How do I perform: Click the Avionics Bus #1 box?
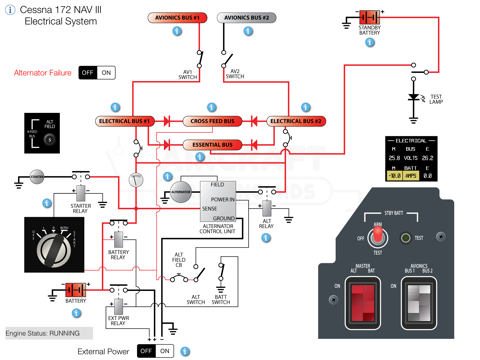(178, 18)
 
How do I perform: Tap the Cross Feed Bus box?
(211, 121)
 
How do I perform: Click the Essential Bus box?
(211, 145)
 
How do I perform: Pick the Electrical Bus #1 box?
(125, 121)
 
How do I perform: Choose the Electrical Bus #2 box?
(297, 121)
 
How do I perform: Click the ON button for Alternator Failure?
(106, 73)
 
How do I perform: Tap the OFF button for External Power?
(145, 351)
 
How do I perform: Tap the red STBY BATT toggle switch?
(378, 237)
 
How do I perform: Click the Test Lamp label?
(436, 99)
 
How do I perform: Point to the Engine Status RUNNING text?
(43, 332)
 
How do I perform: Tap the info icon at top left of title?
(10, 10)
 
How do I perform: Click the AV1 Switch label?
(187, 76)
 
